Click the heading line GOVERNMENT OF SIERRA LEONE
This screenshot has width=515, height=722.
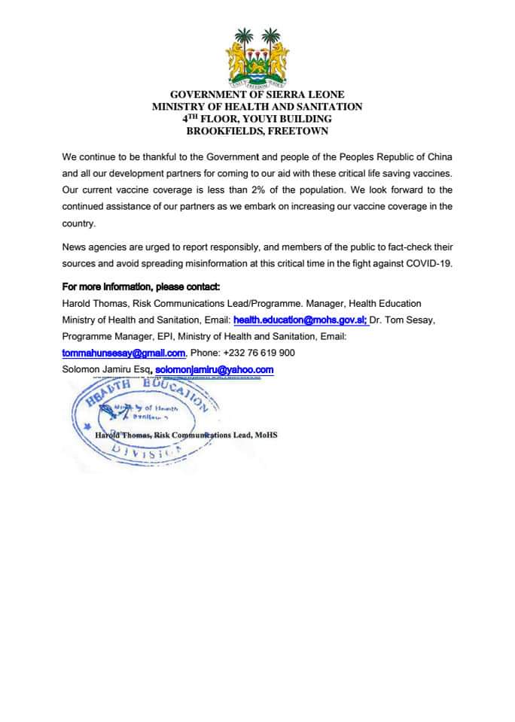(257, 96)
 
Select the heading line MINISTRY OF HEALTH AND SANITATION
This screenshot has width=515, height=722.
(257, 107)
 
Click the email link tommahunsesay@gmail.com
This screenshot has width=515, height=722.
(123, 353)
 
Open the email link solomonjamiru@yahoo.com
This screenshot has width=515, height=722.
(214, 369)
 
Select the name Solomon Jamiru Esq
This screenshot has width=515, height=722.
(105, 369)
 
